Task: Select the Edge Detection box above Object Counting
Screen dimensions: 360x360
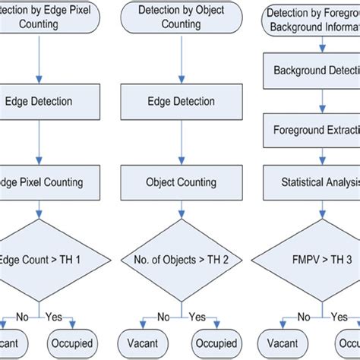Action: pos(181,101)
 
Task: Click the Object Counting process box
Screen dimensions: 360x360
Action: pos(181,182)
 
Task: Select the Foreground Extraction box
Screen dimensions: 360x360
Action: pos(311,130)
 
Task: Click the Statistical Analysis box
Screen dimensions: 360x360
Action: pos(311,182)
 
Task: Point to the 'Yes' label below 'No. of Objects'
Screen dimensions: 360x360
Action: pos(197,317)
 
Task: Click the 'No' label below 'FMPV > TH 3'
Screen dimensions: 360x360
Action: pos(304,317)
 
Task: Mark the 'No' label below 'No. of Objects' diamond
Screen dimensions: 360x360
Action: pos(163,317)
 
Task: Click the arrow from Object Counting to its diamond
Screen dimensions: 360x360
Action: pos(181,208)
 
